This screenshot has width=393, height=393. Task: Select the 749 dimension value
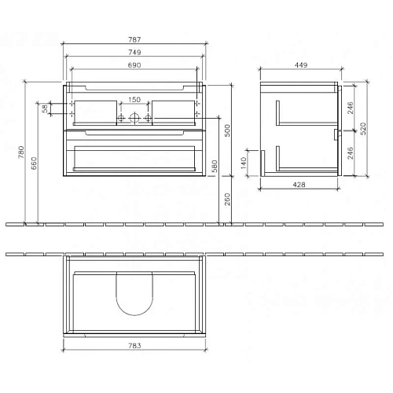[134, 52]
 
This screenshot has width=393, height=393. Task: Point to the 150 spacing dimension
[134, 100]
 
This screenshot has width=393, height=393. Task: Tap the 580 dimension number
[215, 167]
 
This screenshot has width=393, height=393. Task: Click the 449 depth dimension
[300, 65]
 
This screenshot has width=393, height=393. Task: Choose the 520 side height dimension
[363, 128]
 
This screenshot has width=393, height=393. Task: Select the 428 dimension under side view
[299, 184]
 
